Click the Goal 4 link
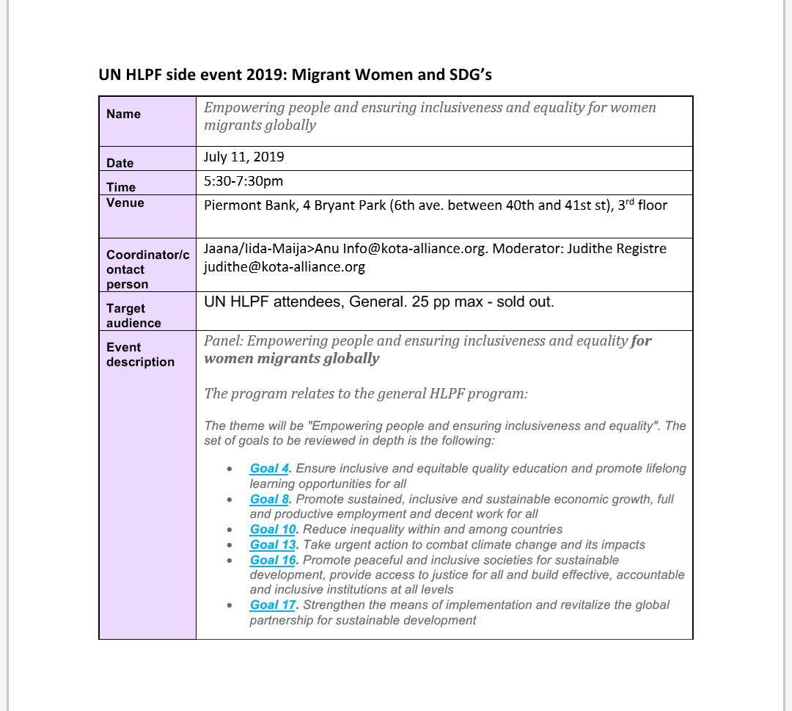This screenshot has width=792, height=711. [x=270, y=468]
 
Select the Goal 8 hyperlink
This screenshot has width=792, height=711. [x=270, y=499]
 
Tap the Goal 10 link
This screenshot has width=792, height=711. [x=273, y=529]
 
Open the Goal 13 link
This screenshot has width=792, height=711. [x=273, y=544]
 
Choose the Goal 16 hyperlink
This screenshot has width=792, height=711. [x=273, y=560]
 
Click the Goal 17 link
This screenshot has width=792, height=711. [x=273, y=605]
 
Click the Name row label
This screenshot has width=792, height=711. [x=123, y=114]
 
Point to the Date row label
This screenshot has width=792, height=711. [x=120, y=163]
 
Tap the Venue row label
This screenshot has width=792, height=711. [x=125, y=203]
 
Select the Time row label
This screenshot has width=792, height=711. [x=121, y=187]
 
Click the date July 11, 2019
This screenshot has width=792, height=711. [x=244, y=157]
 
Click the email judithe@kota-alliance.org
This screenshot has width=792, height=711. [x=285, y=266]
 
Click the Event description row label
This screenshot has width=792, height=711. [x=140, y=354]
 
